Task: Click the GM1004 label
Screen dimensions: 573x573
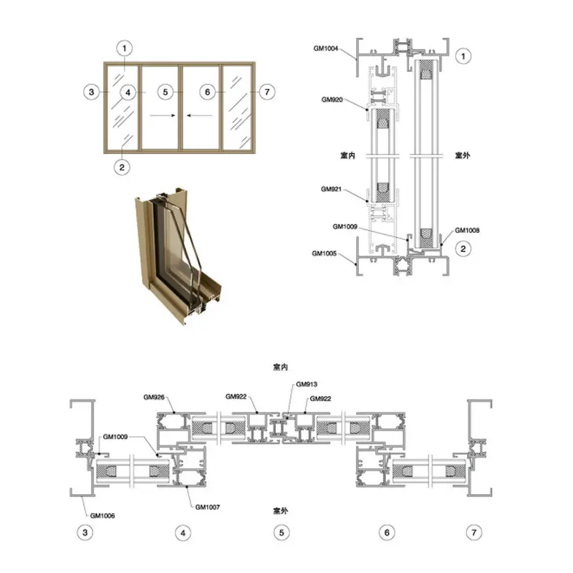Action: pyautogui.click(x=326, y=48)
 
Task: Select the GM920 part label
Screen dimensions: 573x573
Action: pyautogui.click(x=332, y=100)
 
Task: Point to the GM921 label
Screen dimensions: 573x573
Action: pyautogui.click(x=331, y=189)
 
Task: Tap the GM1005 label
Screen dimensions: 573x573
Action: pyautogui.click(x=324, y=254)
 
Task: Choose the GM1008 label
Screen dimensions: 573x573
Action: pyautogui.click(x=467, y=230)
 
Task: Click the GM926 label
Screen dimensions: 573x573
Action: pyautogui.click(x=154, y=397)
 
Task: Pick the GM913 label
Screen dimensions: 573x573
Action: pyautogui.click(x=307, y=384)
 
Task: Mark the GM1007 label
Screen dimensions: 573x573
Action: pyautogui.click(x=208, y=507)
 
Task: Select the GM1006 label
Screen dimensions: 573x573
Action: pyautogui.click(x=102, y=516)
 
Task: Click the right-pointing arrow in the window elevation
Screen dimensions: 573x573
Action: pyautogui.click(x=163, y=115)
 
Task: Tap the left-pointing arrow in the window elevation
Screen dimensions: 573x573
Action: pyautogui.click(x=200, y=115)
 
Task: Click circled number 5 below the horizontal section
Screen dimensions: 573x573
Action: pyautogui.click(x=281, y=532)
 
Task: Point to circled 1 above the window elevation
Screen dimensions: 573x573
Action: pyautogui.click(x=124, y=48)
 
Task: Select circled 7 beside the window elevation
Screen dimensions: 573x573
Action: pyautogui.click(x=267, y=92)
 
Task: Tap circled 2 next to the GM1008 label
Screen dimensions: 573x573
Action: pyautogui.click(x=463, y=249)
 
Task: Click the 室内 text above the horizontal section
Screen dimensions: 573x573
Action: pyautogui.click(x=280, y=367)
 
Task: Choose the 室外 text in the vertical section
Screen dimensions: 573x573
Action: pyautogui.click(x=462, y=155)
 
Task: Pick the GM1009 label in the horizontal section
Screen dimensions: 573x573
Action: pyautogui.click(x=115, y=437)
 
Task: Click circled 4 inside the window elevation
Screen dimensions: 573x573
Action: pyautogui.click(x=128, y=92)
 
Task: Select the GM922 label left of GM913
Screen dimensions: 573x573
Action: pyautogui.click(x=236, y=397)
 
